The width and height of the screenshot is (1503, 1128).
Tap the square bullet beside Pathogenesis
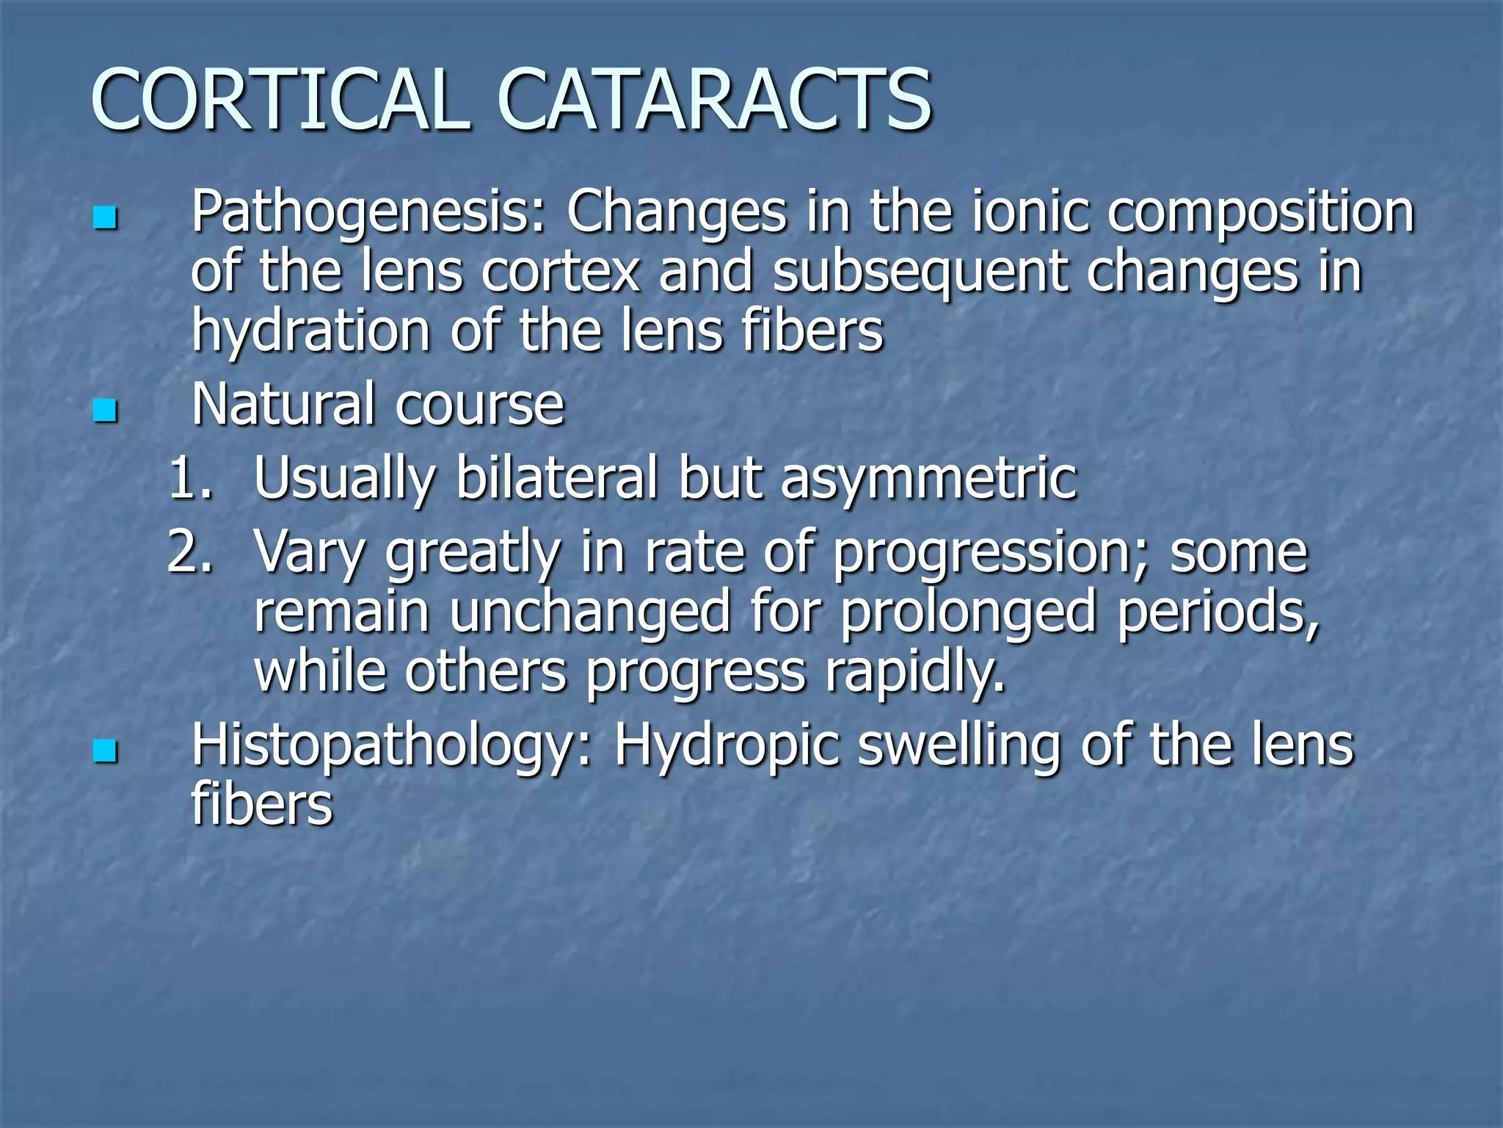pos(106,217)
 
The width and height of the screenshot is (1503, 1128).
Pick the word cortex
pos(561,272)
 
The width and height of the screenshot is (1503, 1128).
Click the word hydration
pos(311,332)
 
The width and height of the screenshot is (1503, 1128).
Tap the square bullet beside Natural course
pos(106,411)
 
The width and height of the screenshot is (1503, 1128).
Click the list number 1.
pos(190,479)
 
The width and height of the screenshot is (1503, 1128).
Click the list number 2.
pos(190,552)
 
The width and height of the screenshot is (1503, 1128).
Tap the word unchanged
pos(590,612)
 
